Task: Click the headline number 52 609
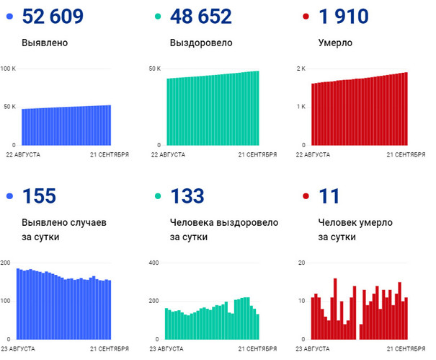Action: click(x=53, y=16)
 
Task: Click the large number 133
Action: click(x=187, y=196)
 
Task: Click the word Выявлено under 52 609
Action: click(x=45, y=43)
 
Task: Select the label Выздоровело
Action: click(x=201, y=43)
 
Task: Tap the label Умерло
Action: click(x=335, y=43)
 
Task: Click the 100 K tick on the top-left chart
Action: click(x=8, y=69)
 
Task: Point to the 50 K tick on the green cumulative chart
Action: click(x=154, y=69)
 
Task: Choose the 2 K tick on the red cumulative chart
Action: click(x=301, y=69)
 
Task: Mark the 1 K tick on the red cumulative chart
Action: click(x=301, y=107)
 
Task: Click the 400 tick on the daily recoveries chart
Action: click(x=154, y=263)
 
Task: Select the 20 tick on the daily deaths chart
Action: click(x=303, y=263)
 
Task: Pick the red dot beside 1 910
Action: click(x=306, y=17)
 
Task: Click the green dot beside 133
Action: click(x=158, y=196)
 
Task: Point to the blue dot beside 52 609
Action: click(x=9, y=17)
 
